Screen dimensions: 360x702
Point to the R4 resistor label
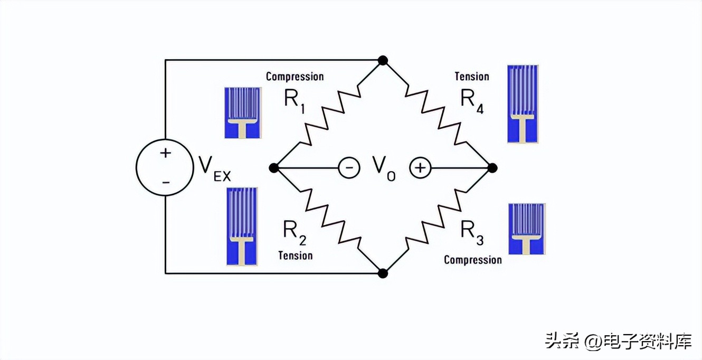click(x=472, y=100)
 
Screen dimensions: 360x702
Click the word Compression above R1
click(x=295, y=77)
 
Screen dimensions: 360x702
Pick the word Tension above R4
click(x=472, y=77)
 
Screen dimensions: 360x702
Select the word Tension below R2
click(x=295, y=255)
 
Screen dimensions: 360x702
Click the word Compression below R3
click(x=472, y=260)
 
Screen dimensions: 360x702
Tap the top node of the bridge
click(x=383, y=61)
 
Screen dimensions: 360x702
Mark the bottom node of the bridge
click(x=383, y=273)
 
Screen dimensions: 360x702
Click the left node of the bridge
click(x=273, y=168)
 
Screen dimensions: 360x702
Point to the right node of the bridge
click(x=492, y=168)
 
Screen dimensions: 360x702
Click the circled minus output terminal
click(x=349, y=168)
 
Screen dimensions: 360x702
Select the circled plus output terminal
click(x=420, y=168)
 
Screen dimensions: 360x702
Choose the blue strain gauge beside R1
click(x=243, y=112)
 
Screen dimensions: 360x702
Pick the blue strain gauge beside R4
click(x=523, y=104)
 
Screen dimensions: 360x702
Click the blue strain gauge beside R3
click(x=526, y=229)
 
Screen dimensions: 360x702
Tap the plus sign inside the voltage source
click(x=166, y=154)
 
